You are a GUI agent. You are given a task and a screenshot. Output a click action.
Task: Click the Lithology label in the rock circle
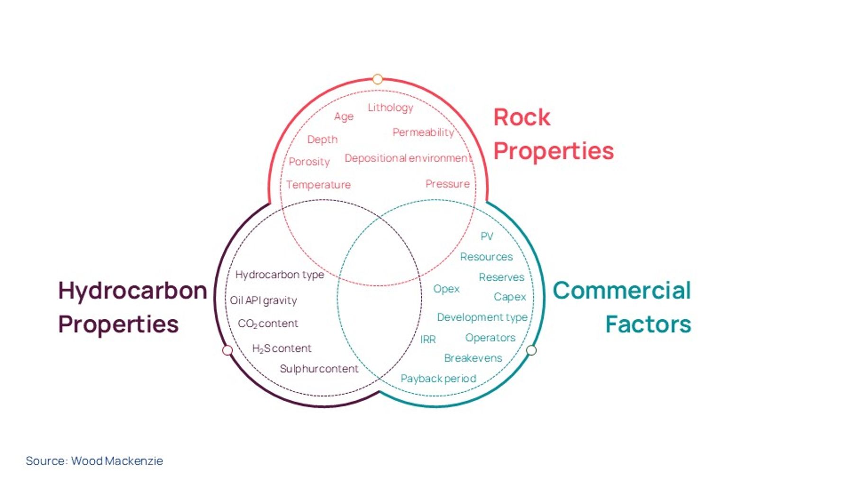[x=390, y=108]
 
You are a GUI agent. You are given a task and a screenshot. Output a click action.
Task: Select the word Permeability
[x=423, y=132]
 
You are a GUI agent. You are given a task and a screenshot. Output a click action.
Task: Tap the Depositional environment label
[x=408, y=158]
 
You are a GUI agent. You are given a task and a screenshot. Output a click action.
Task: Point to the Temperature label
[x=318, y=185]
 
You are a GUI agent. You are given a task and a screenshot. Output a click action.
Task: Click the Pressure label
[x=447, y=184]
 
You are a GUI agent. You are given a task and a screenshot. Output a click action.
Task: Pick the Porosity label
[x=309, y=162]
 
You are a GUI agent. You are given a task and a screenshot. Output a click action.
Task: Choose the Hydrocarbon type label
[x=280, y=275]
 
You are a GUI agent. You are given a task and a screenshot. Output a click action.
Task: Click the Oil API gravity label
[x=263, y=300]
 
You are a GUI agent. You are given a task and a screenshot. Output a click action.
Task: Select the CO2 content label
[x=268, y=323]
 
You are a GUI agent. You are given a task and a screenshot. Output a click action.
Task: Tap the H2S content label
[x=281, y=349]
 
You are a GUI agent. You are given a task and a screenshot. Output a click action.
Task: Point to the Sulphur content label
[x=319, y=369]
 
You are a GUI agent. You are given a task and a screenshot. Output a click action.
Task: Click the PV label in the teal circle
[x=487, y=236]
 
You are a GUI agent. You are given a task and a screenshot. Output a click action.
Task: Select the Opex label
[x=446, y=289]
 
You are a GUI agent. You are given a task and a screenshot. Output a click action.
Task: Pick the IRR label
[x=428, y=339]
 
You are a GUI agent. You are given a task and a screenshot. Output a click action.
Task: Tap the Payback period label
[x=438, y=378]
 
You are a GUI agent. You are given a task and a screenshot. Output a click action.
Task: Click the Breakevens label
[x=473, y=358]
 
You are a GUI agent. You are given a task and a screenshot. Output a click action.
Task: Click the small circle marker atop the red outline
[x=378, y=79]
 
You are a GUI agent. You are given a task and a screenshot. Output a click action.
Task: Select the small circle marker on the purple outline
[x=227, y=350]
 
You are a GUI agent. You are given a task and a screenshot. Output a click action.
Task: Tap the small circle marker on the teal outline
[x=532, y=350]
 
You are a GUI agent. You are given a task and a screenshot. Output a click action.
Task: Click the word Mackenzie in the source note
[x=134, y=461]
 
